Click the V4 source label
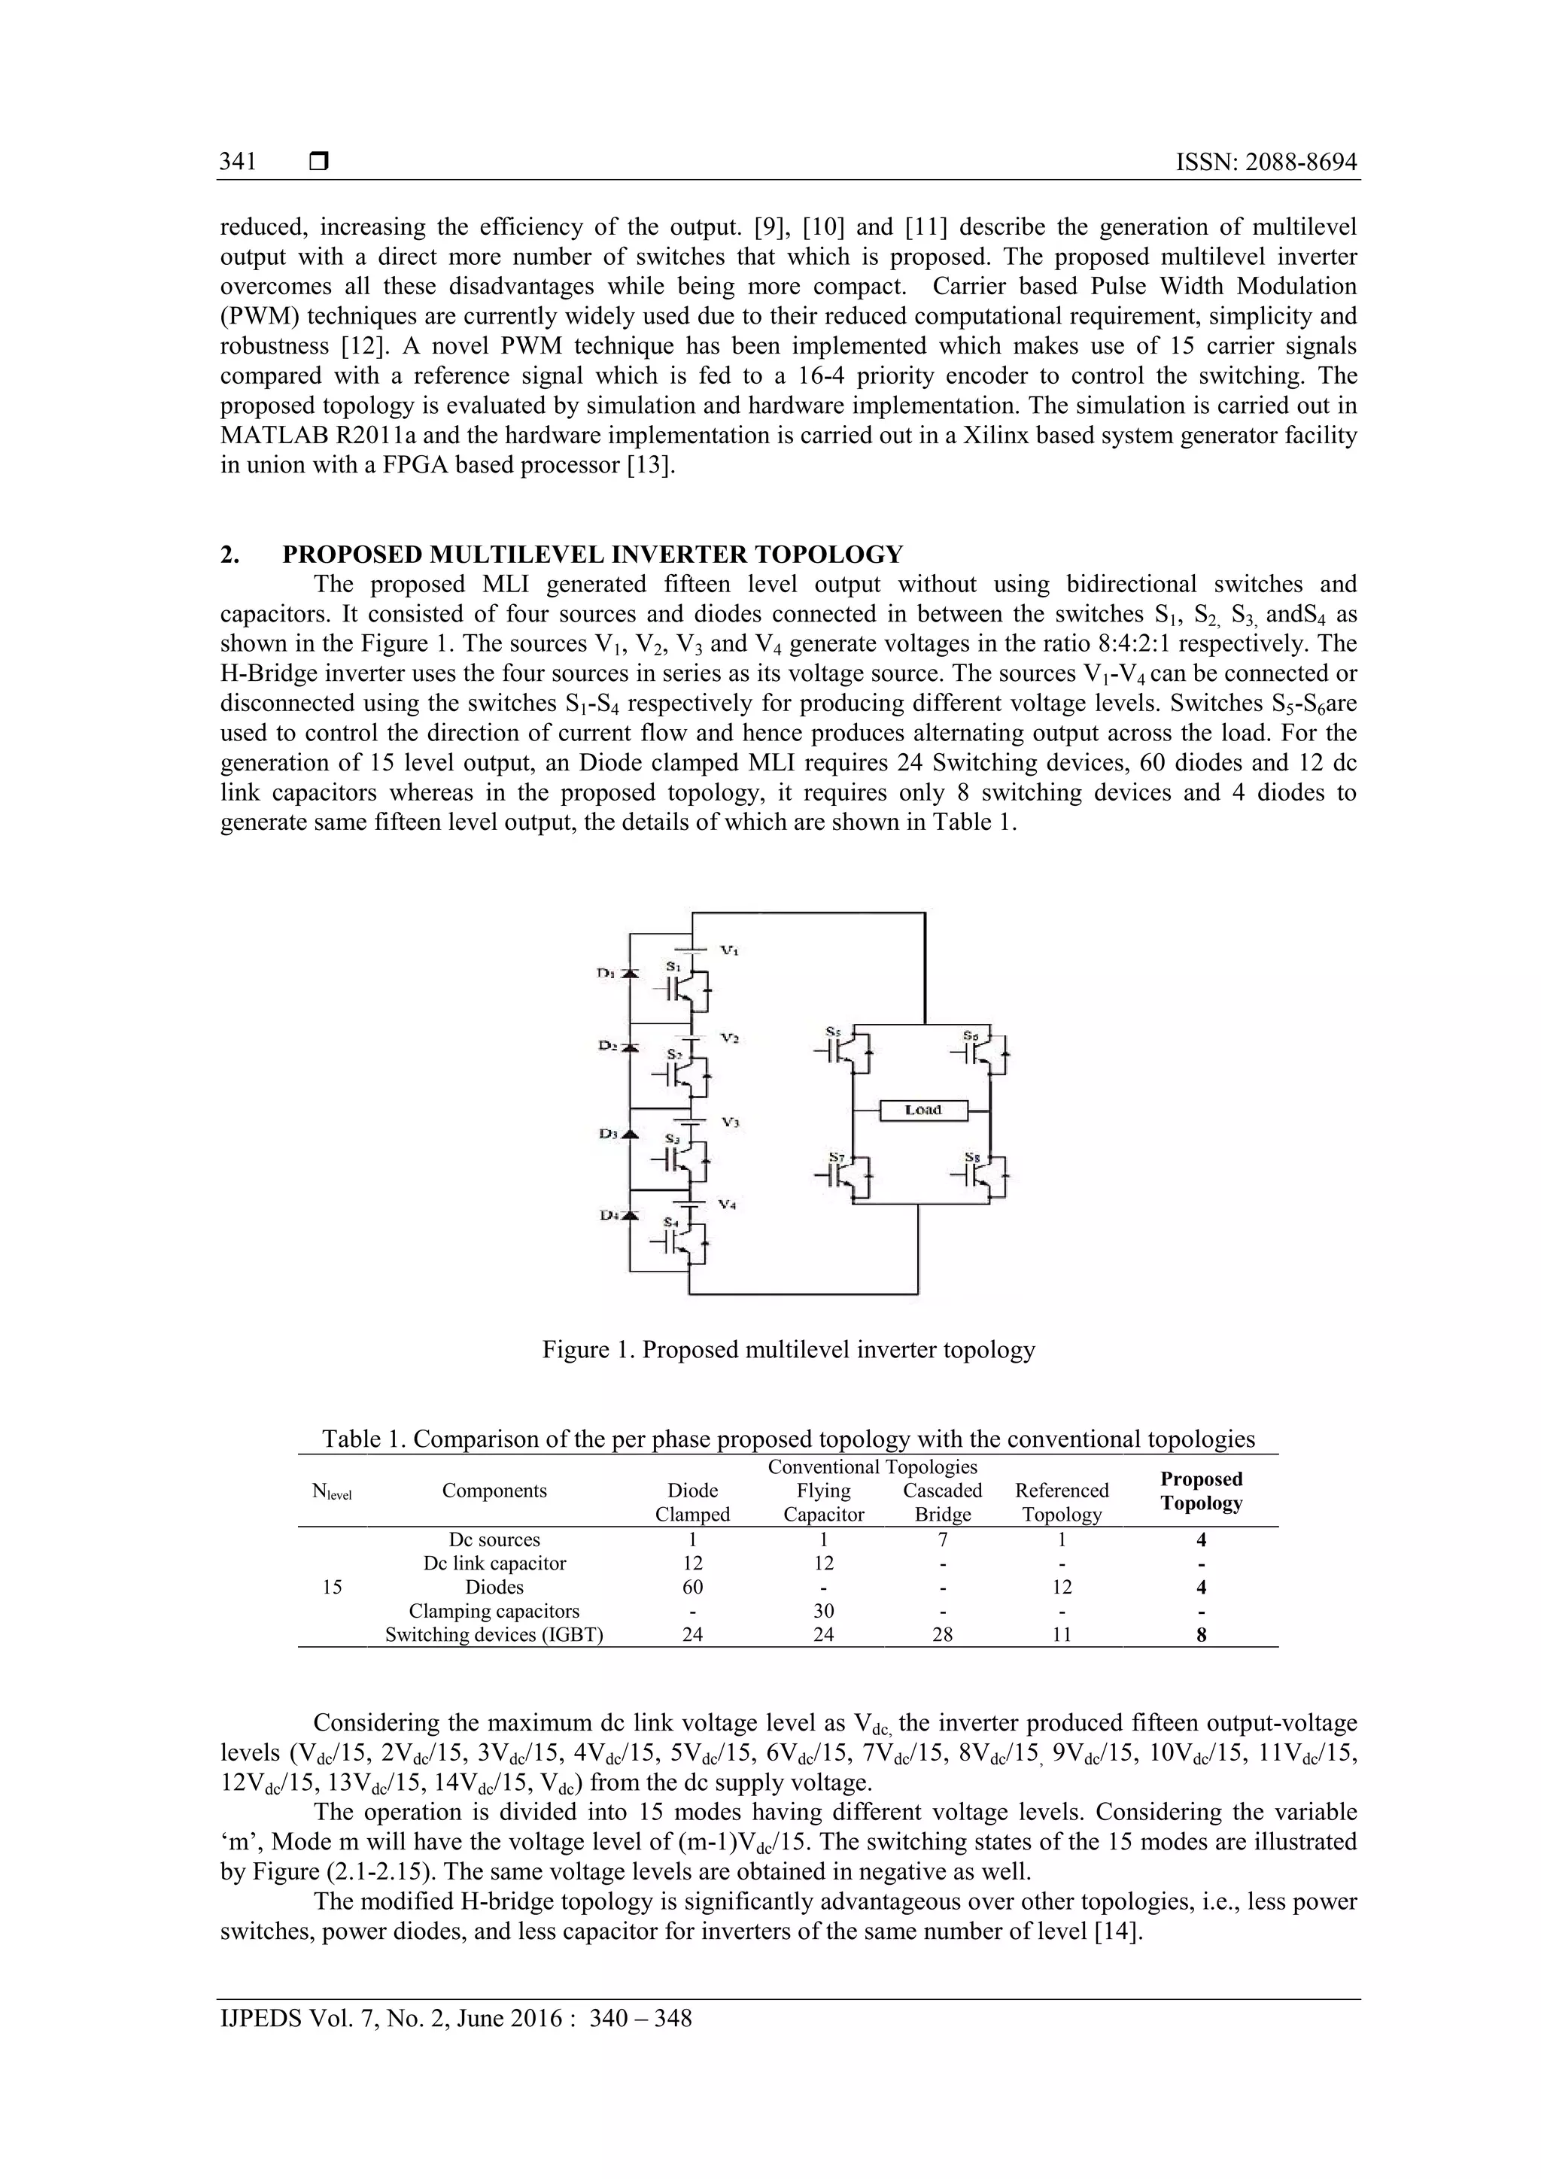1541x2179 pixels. pos(728,1205)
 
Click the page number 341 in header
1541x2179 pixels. pos(239,161)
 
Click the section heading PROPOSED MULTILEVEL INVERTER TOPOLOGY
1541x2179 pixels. pos(592,555)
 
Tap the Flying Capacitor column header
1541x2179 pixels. pos(824,1503)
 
